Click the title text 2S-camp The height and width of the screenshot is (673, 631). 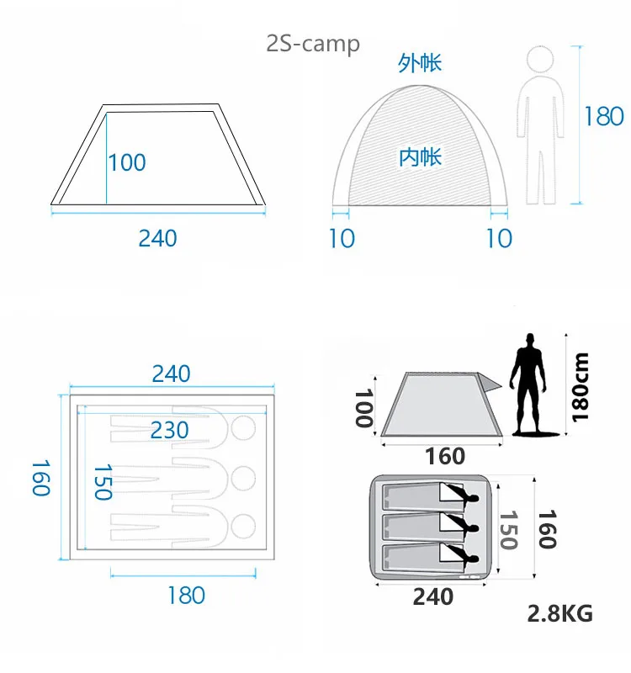coord(313,44)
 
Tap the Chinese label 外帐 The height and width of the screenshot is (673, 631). coord(419,63)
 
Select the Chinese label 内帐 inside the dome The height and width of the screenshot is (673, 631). coord(420,157)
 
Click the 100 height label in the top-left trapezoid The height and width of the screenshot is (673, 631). coord(127,162)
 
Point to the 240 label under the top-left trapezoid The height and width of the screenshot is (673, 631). coord(157,238)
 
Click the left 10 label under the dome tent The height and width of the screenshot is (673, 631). coord(342,238)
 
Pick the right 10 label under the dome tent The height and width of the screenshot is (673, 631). coord(499,238)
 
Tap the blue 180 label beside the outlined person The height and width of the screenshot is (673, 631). coord(604,116)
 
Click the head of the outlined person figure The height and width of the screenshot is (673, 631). coord(540,59)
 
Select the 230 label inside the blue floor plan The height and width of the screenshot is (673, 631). coord(170,430)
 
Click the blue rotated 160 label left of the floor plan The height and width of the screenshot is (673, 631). coord(41,478)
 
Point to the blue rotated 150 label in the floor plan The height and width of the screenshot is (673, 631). coord(103,481)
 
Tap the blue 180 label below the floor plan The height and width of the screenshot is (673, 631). coord(186,596)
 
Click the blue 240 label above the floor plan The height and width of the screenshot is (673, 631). coord(171,374)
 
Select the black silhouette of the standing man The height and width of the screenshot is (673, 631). coord(530,384)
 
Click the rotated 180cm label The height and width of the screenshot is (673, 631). coord(580,388)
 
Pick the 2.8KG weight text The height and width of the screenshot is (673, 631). coord(559,613)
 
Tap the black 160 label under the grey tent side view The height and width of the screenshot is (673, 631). coord(445,456)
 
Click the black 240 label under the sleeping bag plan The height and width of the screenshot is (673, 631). coord(432,596)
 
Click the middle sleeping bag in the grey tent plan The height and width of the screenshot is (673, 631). coord(430,527)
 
